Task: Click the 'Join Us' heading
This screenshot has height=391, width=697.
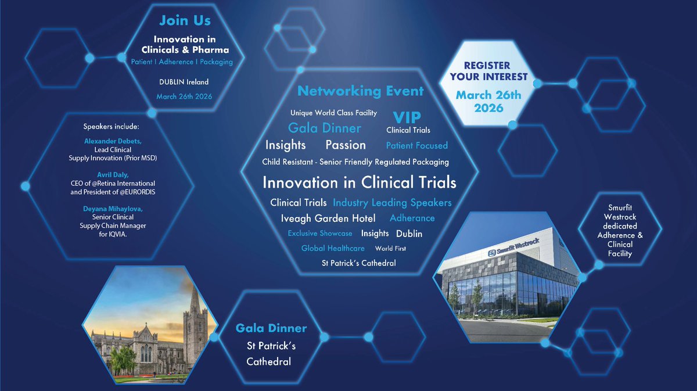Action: pos(185,21)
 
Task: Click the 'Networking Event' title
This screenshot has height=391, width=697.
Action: pos(360,91)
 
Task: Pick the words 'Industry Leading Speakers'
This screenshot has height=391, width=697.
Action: pos(392,202)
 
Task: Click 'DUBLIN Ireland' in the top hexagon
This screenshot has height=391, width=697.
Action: pos(184,82)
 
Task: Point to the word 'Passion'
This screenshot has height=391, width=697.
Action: pos(346,145)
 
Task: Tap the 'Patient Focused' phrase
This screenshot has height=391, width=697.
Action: pos(417,145)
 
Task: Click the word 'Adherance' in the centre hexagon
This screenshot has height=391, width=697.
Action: pos(412,218)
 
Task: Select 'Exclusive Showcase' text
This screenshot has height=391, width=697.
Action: pos(320,234)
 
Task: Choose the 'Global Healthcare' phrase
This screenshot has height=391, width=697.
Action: pos(333,249)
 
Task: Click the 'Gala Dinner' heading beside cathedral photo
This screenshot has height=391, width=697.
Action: pos(271,328)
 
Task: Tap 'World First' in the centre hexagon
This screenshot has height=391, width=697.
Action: pos(390,249)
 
